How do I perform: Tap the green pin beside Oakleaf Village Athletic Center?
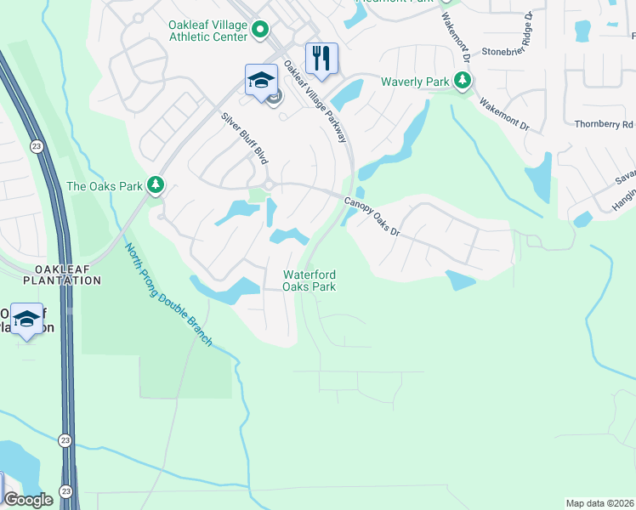[260, 31]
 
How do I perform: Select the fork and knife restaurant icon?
[321, 58]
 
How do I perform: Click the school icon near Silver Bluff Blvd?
[261, 81]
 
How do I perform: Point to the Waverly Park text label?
[415, 82]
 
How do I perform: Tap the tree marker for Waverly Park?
[462, 81]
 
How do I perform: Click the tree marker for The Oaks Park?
[155, 184]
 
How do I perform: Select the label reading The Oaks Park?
[105, 185]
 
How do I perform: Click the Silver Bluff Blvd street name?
[245, 138]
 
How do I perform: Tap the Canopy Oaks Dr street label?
[372, 216]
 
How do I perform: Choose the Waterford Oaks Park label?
[309, 280]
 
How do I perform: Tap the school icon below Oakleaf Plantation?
[27, 319]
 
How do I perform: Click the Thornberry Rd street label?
[604, 124]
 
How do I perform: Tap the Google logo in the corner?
[29, 500]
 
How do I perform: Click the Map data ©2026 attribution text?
[599, 503]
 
